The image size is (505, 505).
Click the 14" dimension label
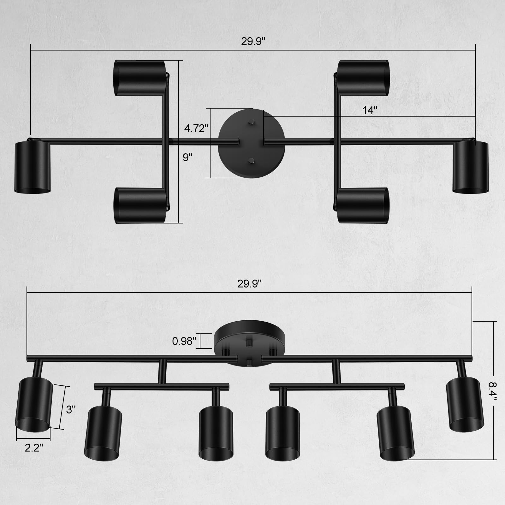370,110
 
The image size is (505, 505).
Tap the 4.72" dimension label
197,128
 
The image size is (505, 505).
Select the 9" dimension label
187,157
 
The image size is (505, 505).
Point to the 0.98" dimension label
184,341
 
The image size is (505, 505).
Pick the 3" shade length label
71,409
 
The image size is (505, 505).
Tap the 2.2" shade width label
34,448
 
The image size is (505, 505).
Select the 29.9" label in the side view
250,284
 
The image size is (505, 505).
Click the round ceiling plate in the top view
252,143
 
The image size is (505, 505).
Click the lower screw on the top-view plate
252,161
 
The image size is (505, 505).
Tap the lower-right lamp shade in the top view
363,205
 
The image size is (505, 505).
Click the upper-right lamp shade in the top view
363,78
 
